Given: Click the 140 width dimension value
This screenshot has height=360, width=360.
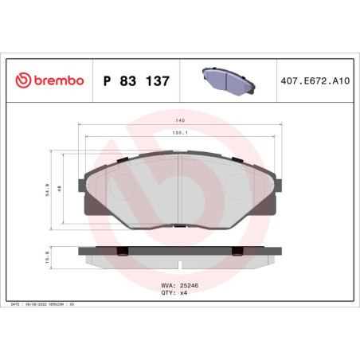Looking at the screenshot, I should [x=181, y=121].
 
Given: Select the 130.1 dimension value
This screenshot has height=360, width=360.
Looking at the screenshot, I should [x=181, y=134].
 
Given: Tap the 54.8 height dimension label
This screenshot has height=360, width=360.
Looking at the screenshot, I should [x=49, y=190].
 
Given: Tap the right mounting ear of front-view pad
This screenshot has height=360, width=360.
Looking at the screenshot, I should [x=281, y=183].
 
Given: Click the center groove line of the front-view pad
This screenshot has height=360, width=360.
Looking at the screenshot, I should [x=181, y=191].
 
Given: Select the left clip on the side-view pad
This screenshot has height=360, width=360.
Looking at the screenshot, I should [x=123, y=252].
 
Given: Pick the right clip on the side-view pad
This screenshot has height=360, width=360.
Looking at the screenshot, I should [x=237, y=252].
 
